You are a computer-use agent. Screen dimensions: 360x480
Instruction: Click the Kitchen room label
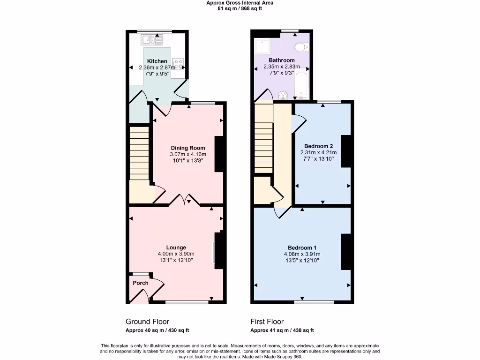click(x=157, y=61)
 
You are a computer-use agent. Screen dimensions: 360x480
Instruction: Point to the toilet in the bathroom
click(x=300, y=46)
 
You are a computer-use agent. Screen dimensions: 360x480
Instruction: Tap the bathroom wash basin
click(x=282, y=96)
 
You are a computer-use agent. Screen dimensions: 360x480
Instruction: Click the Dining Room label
click(x=187, y=148)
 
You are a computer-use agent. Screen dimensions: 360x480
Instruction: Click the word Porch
click(x=141, y=283)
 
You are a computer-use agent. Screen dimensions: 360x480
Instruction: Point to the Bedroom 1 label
click(x=302, y=248)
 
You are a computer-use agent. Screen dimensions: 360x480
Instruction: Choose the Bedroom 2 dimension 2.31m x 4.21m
click(x=318, y=152)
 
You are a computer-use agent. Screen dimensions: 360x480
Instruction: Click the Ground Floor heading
click(x=147, y=322)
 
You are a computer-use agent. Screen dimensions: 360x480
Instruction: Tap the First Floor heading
click(x=267, y=322)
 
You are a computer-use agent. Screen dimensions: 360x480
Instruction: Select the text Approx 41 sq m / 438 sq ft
click(x=282, y=330)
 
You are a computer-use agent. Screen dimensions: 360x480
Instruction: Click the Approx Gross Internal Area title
click(x=240, y=3)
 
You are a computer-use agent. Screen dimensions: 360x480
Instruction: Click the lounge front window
click(x=187, y=302)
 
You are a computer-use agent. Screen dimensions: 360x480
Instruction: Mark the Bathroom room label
click(x=282, y=60)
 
